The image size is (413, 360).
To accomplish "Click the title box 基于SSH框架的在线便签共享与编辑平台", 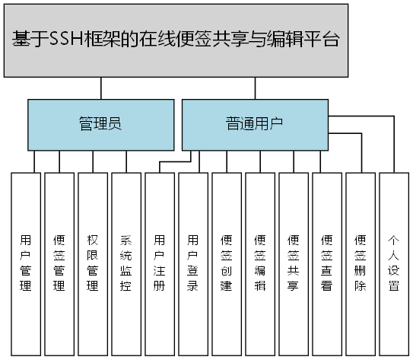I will (176, 40).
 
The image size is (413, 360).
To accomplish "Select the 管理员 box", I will (101, 124).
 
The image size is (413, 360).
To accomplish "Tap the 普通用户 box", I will (254, 124).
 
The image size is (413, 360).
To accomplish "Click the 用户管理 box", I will (25, 263).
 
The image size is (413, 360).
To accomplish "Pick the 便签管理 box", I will (59, 263).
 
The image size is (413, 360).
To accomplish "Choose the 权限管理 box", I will (93, 263).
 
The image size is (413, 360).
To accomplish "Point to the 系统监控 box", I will (126, 263).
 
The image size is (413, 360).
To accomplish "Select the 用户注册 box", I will (160, 263).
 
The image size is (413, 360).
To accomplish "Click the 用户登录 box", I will (193, 263).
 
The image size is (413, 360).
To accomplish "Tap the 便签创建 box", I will (227, 263).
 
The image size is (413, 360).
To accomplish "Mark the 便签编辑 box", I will (260, 263).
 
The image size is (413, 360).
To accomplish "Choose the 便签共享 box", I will (294, 263).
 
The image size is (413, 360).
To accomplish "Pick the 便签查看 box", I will (327, 263).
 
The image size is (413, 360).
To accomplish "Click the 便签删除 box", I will (361, 263).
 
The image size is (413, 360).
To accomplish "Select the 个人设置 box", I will (394, 263).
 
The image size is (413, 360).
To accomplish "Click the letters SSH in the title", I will (66, 40).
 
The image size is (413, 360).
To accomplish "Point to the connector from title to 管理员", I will (101, 88).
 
